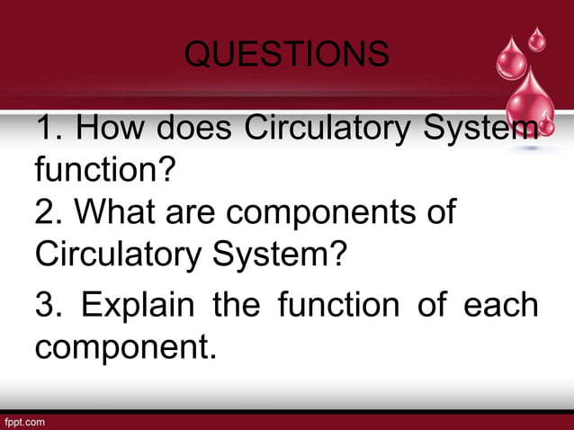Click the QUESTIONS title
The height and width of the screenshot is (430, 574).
(286, 55)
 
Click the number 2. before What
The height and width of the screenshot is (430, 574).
(49, 214)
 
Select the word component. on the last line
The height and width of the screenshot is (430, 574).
(126, 344)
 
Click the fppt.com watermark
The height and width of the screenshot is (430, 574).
(25, 421)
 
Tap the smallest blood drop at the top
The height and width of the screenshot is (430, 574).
(537, 39)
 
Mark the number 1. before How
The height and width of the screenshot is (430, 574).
(49, 130)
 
